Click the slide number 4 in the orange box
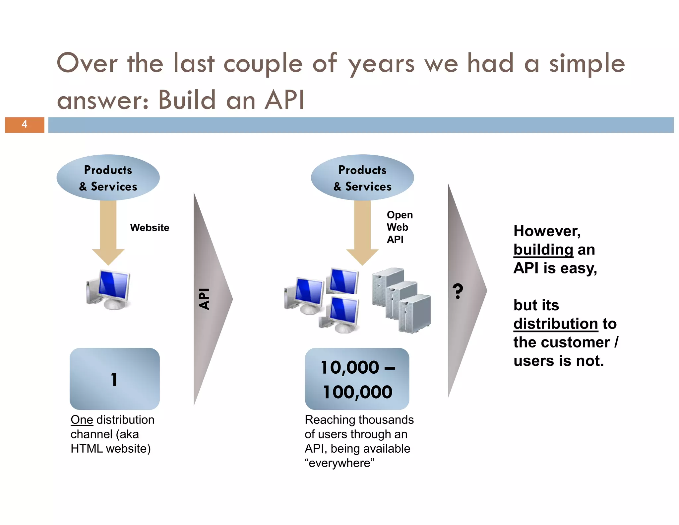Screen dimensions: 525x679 24,124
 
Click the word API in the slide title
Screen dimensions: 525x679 284,100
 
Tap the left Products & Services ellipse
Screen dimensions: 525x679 108,178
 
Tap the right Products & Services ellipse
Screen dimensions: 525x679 362,178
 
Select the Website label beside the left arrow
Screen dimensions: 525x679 150,228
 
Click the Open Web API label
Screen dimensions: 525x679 399,227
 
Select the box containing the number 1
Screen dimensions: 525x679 114,379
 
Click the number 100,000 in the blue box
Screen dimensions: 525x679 357,392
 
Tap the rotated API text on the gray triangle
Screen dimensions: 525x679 204,299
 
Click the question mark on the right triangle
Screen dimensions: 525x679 458,291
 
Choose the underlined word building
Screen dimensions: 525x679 543,250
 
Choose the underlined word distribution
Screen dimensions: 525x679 556,324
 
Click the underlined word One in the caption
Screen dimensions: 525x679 82,420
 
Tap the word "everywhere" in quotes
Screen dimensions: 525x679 339,463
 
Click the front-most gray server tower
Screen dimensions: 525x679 414,314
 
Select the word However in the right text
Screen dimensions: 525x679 547,231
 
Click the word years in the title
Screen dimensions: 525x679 381,64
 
